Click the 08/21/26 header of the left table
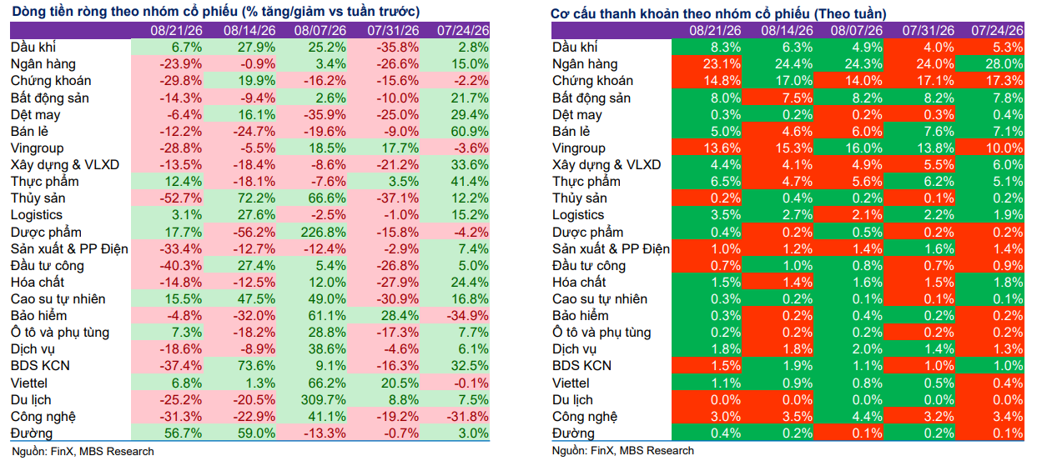(176, 31)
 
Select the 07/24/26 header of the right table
(997, 31)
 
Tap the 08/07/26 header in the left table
(320, 31)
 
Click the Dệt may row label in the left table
(36, 115)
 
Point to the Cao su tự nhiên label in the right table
(600, 299)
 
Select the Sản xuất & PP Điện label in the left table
(69, 248)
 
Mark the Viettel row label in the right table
(571, 383)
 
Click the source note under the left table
(83, 451)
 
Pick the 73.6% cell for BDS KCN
(256, 366)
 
